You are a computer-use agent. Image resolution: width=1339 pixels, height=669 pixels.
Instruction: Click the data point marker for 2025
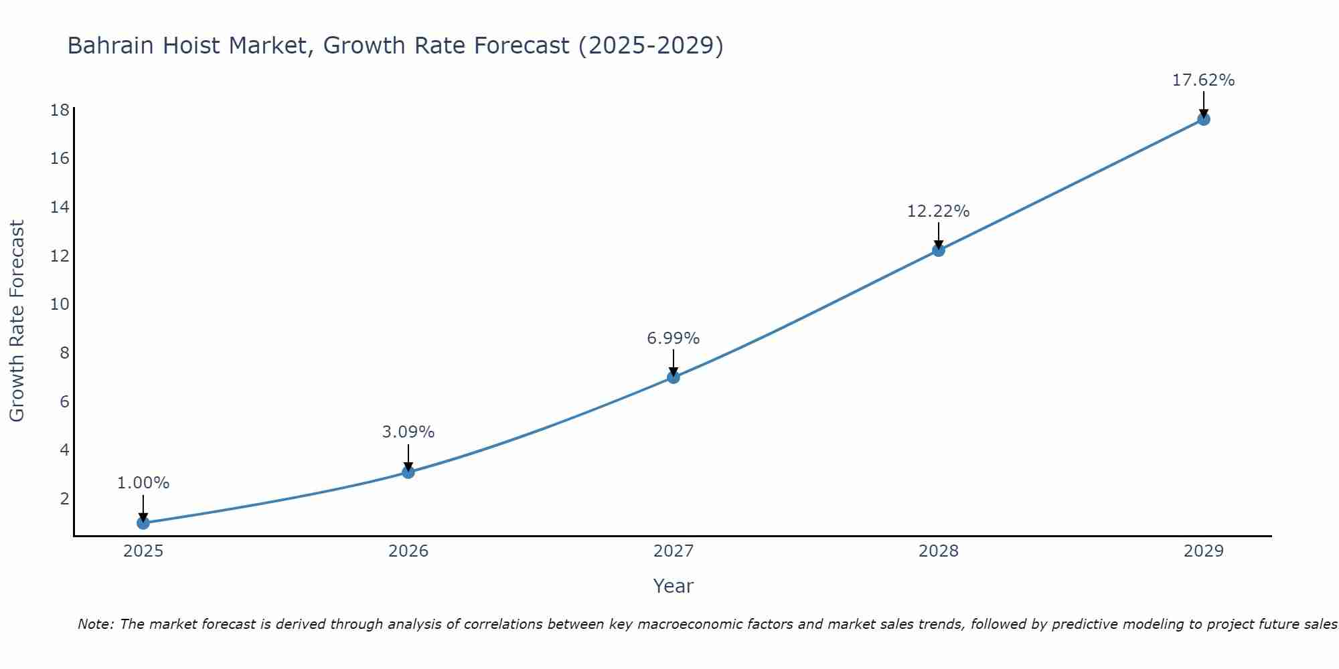click(143, 523)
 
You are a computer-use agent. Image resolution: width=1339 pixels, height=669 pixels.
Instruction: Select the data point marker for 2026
click(408, 472)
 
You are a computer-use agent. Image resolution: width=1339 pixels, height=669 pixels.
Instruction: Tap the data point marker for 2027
click(674, 377)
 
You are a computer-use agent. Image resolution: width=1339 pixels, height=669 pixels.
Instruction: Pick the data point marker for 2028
click(939, 250)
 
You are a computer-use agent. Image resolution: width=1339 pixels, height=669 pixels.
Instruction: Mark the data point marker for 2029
click(1203, 119)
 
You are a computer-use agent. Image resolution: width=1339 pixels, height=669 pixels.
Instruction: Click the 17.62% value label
click(1203, 80)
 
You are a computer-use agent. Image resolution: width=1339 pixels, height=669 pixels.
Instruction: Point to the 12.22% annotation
click(938, 211)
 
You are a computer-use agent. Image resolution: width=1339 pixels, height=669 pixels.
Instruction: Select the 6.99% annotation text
click(673, 339)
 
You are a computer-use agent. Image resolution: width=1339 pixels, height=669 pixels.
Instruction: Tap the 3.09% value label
click(408, 432)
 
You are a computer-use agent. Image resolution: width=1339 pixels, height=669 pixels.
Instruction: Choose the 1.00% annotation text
click(143, 483)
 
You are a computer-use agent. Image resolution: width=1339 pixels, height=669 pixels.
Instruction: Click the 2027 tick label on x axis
click(674, 551)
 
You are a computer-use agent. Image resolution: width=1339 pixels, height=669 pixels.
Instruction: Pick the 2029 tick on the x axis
click(1203, 551)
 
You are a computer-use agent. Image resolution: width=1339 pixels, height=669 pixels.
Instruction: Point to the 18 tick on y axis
click(60, 110)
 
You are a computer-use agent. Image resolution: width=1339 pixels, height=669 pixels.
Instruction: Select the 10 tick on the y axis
click(60, 304)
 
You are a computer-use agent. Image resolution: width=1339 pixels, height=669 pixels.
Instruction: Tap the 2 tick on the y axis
click(64, 498)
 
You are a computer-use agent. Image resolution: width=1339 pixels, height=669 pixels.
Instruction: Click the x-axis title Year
click(673, 586)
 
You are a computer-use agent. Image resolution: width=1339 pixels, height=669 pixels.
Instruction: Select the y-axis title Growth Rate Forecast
click(17, 321)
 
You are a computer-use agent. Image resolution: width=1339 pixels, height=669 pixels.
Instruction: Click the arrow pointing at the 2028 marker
click(939, 235)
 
